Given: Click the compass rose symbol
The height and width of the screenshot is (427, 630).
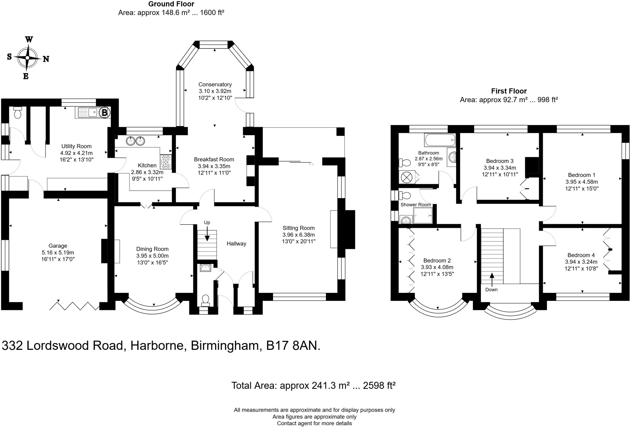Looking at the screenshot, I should [x=28, y=58].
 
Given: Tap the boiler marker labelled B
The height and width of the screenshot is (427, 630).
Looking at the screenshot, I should [x=105, y=113].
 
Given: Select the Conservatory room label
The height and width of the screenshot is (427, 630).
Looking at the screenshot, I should [x=215, y=84].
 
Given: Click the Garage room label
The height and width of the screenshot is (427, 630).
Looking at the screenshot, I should [x=58, y=246].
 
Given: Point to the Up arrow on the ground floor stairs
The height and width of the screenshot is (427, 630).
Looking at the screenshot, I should [x=207, y=234].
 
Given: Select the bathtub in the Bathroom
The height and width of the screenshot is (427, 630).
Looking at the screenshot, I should [x=440, y=140].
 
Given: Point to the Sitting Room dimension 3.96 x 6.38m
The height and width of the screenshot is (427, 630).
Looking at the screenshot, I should [x=298, y=235].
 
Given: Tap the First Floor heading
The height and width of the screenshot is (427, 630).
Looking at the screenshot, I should [x=508, y=91].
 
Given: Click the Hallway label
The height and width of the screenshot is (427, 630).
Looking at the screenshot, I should [x=236, y=244].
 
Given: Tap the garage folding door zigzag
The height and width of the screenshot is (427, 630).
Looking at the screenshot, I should [x=74, y=306].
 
